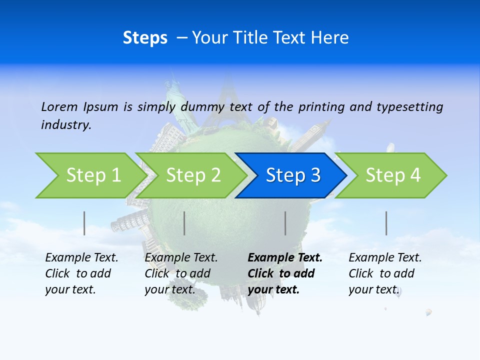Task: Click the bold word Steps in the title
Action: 145,38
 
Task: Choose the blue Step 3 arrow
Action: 293,175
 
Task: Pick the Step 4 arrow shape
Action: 393,175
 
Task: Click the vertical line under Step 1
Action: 84,223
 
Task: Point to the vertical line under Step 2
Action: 184,223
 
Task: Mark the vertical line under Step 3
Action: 285,223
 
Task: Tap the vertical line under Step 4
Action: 386,223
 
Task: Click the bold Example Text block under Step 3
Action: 285,273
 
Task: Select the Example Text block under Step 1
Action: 81,273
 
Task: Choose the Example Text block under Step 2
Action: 181,273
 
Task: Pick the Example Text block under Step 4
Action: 385,273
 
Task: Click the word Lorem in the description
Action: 59,107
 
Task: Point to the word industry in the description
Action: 66,125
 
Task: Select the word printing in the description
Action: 322,107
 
